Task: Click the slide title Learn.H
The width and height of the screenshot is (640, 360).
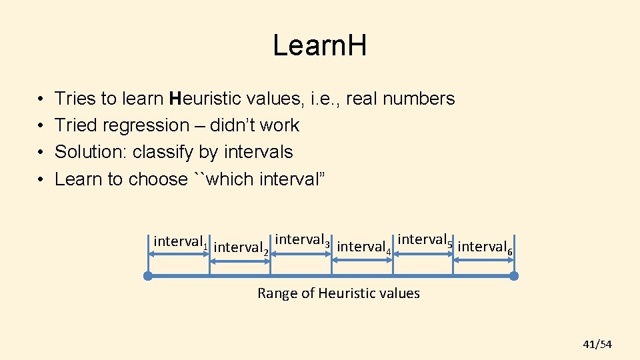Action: [x=320, y=46]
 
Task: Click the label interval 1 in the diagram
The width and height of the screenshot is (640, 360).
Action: [x=181, y=242]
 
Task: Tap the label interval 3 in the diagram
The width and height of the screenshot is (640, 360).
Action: [x=302, y=240]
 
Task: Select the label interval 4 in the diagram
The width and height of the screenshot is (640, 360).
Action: [x=363, y=247]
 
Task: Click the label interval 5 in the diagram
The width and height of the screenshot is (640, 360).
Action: [x=425, y=240]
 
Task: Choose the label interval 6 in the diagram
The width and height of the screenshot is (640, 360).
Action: [x=485, y=247]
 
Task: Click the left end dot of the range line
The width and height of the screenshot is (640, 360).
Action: [x=148, y=275]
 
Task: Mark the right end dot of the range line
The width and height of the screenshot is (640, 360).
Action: [x=513, y=275]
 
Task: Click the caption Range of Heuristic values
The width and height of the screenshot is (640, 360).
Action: [x=339, y=293]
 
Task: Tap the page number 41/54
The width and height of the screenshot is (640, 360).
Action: [x=597, y=344]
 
